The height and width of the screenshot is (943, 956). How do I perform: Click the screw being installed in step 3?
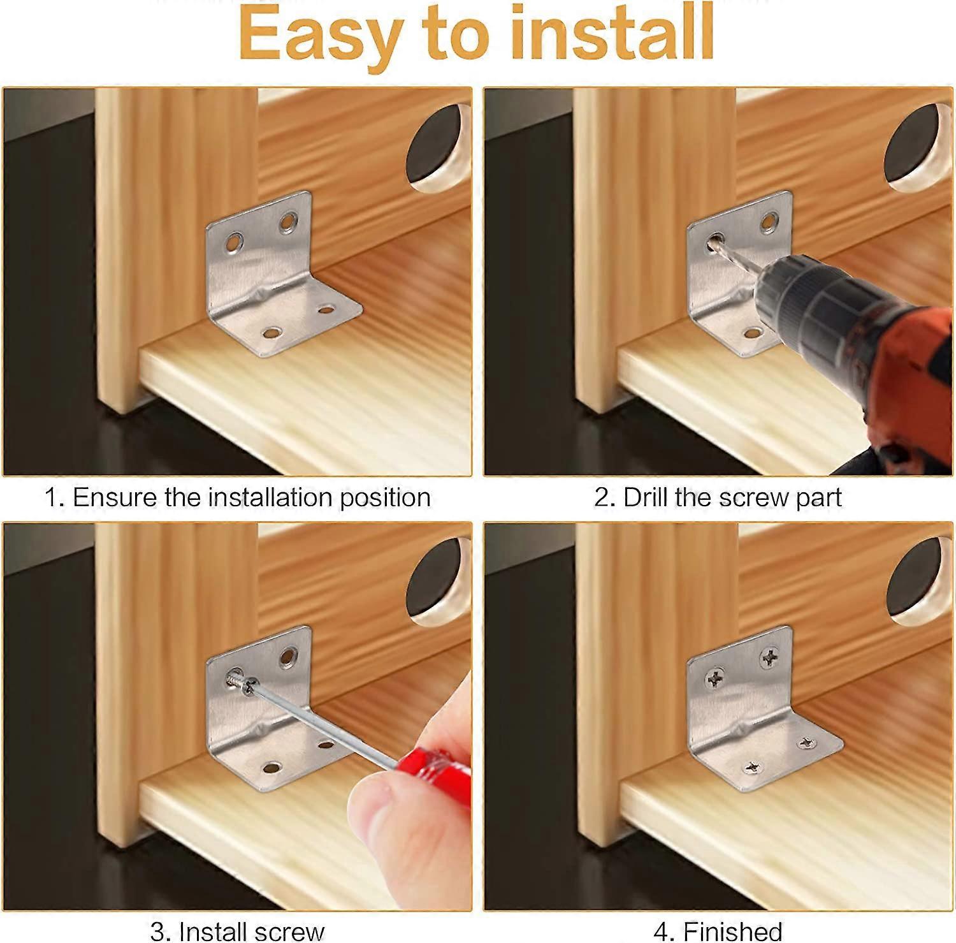(239, 683)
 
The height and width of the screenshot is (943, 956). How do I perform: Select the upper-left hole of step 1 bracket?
(234, 242)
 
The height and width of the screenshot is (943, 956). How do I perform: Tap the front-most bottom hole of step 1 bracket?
(273, 333)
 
